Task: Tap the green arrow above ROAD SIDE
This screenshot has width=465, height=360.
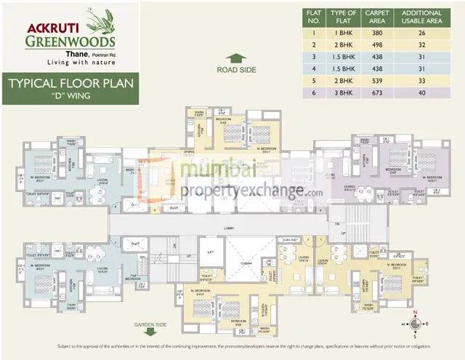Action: tap(235, 59)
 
